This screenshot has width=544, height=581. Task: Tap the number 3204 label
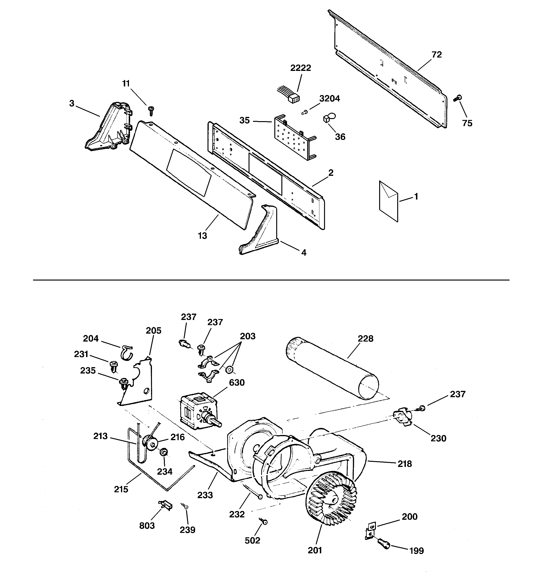329,99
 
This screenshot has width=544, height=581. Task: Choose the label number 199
416,551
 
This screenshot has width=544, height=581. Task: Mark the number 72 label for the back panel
437,55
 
